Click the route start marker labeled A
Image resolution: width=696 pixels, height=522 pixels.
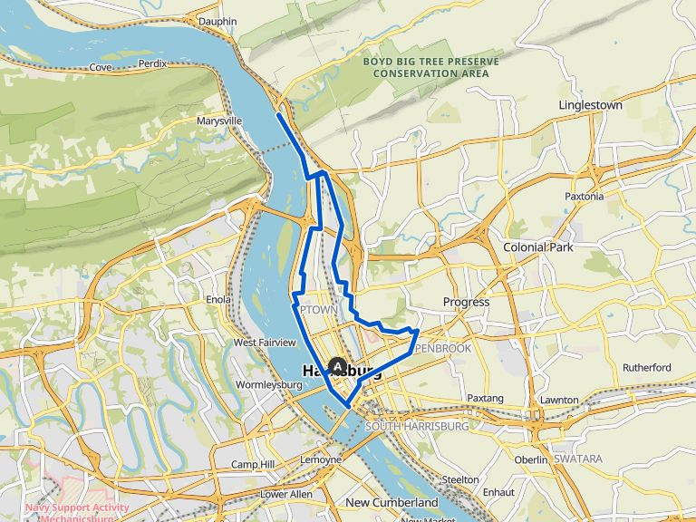338,366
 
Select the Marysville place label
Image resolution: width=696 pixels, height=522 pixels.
219,121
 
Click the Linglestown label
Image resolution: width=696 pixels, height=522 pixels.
590,105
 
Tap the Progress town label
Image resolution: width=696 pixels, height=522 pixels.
466,302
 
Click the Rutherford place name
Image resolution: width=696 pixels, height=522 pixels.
646,368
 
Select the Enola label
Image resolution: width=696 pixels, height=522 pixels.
219,299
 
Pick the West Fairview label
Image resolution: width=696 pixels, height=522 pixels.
265,343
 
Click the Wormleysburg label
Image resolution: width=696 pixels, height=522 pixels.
267,385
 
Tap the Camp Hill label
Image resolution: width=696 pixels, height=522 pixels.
252,465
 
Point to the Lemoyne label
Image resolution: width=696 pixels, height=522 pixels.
322,459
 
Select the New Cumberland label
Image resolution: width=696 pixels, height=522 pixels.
391,502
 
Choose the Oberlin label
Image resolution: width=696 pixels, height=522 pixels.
531,460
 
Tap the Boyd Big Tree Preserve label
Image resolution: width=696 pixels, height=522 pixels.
430,67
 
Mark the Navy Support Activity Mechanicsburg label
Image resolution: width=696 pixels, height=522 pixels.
77,513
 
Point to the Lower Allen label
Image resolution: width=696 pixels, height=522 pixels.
286,494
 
